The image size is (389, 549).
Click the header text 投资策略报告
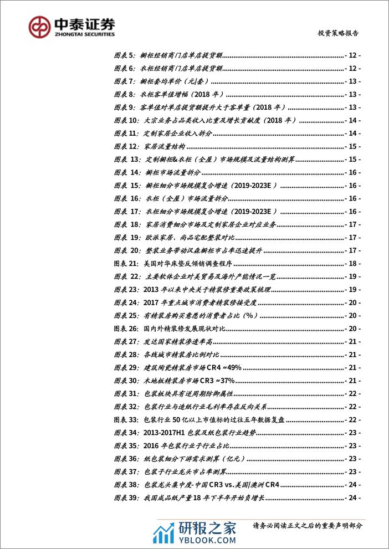click(x=338, y=33)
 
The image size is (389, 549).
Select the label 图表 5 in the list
click(x=124, y=55)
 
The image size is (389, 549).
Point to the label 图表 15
click(x=125, y=186)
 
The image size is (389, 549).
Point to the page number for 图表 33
click(x=352, y=420)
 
